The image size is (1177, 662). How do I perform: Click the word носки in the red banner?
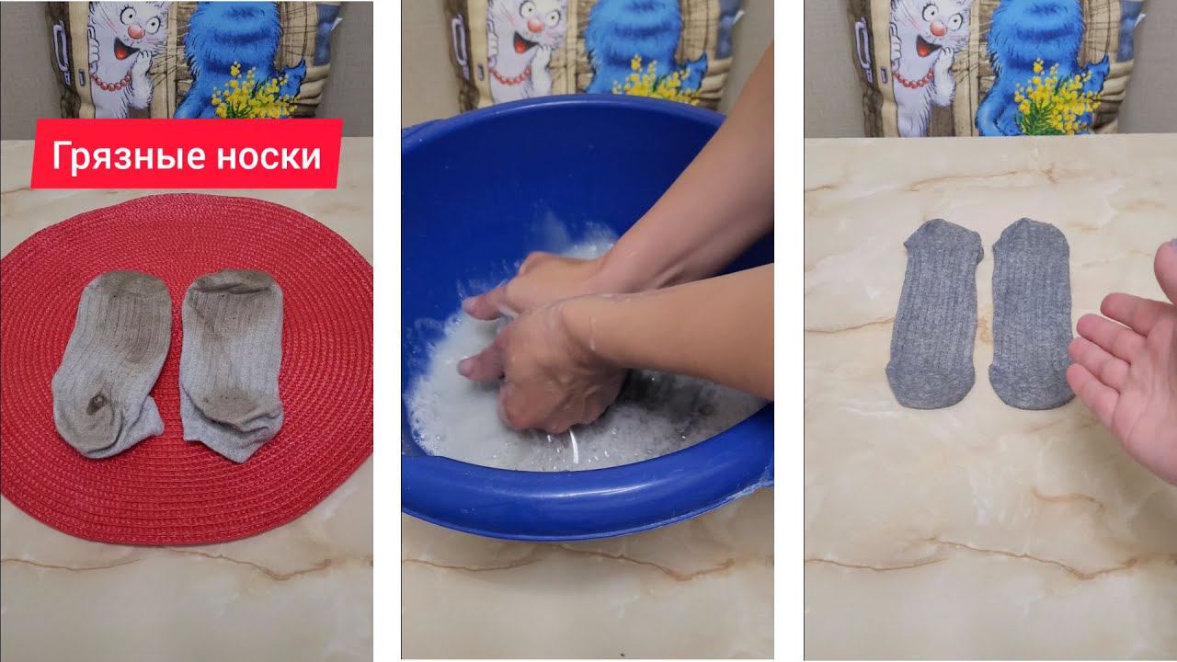pos(269,157)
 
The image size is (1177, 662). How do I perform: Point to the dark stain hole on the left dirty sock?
pos(97,404)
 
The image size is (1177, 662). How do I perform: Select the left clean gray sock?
pos(935,314)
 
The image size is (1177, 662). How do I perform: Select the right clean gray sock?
pos(1031,314)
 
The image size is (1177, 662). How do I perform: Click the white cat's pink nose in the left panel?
pos(136,32)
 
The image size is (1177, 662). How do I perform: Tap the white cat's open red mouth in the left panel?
pos(122,51)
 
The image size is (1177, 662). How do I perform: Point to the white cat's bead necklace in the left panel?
pos(111,82)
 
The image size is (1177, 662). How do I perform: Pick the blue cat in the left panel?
pos(231,58)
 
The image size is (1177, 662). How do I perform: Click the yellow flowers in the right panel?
pos(1057,100)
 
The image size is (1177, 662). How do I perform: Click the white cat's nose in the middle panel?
pos(536,24)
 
